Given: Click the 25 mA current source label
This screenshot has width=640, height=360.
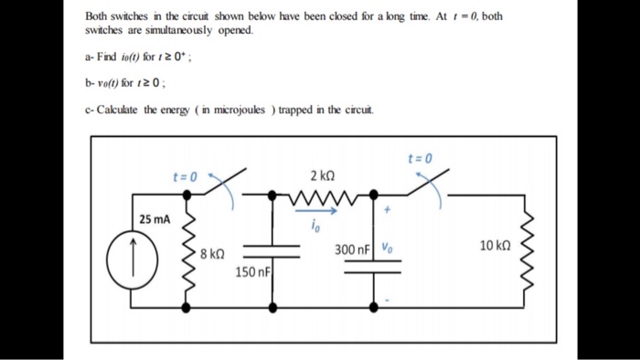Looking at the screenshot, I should pyautogui.click(x=155, y=219).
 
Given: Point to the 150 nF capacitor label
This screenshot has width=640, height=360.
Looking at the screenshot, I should pyautogui.click(x=251, y=272).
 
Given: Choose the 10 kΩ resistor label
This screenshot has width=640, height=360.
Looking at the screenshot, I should pyautogui.click(x=496, y=246).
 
